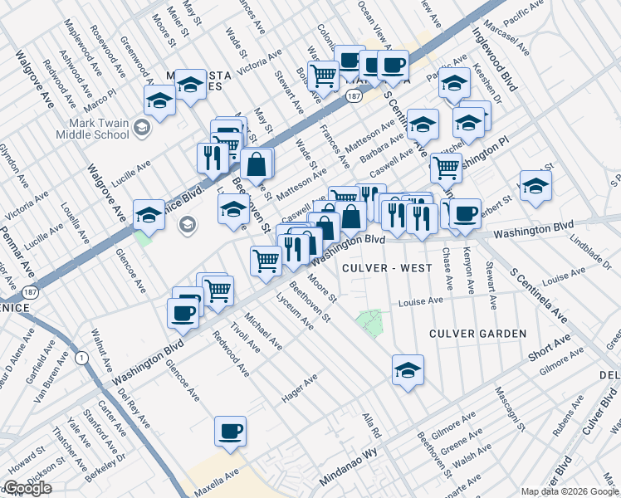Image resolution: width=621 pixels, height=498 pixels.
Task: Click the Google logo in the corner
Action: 27,488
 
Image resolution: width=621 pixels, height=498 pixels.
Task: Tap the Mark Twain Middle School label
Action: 93,129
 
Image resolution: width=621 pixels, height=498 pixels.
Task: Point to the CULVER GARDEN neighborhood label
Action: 477,334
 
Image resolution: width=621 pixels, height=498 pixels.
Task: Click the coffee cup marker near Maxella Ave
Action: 230,431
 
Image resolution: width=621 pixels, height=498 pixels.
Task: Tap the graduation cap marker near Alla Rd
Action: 407,369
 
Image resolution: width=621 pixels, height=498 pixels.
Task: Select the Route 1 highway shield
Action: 81,358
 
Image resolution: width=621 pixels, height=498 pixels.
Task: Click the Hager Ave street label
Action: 300,389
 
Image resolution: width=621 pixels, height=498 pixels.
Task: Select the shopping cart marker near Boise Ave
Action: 323,76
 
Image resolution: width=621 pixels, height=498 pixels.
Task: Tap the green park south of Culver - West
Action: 370,322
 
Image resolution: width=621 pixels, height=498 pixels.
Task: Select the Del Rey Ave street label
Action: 133,408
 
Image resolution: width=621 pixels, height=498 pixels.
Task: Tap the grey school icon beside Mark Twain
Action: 142,127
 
